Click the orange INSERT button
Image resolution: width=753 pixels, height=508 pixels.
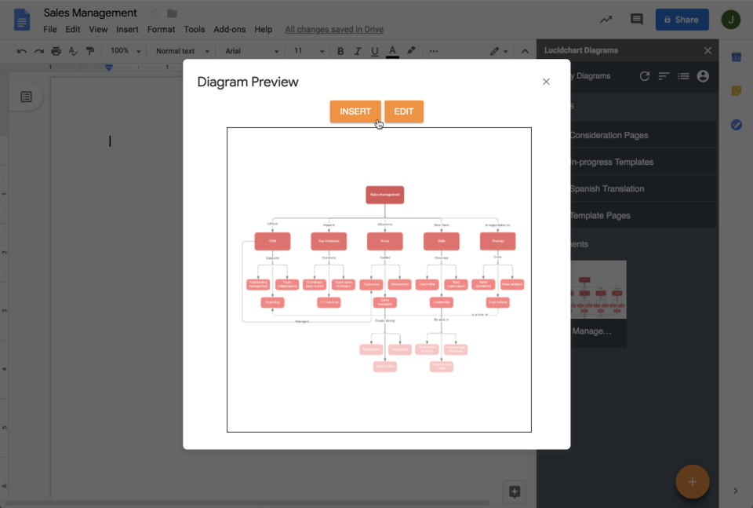point(355,111)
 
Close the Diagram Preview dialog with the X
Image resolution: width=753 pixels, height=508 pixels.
point(546,82)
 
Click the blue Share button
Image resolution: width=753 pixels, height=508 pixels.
point(682,20)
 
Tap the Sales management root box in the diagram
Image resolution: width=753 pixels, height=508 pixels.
point(384,195)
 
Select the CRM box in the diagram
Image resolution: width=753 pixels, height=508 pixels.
point(272,241)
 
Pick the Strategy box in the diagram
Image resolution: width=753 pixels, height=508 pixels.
point(497,241)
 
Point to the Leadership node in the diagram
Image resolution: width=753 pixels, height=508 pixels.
point(442,302)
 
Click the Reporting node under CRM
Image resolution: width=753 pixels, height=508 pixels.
point(272,302)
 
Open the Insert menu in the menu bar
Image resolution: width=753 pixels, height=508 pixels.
point(127,30)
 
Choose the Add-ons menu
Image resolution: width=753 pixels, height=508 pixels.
point(229,30)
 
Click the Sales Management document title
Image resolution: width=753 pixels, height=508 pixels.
point(90,13)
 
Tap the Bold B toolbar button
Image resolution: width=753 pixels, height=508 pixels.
point(340,51)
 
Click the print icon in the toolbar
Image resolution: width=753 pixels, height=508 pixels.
point(56,51)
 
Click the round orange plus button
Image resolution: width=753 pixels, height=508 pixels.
point(692,481)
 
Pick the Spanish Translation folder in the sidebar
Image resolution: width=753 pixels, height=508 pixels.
point(606,188)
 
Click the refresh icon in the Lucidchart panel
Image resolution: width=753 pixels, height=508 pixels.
point(645,76)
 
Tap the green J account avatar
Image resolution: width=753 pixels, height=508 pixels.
point(730,20)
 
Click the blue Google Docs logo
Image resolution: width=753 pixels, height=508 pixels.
point(22,20)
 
